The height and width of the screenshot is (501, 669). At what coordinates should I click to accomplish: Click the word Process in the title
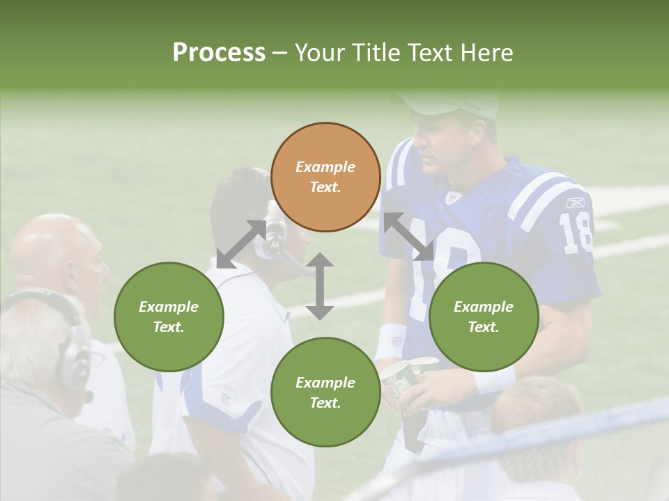tap(219, 52)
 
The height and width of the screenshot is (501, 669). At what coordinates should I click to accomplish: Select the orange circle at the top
tap(325, 177)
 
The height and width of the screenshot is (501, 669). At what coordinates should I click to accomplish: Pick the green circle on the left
tap(169, 317)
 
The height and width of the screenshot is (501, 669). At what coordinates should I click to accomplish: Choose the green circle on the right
tap(484, 317)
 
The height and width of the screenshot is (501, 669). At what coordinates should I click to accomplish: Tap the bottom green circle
tap(325, 392)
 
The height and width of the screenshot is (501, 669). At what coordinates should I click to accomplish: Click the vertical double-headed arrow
tap(320, 286)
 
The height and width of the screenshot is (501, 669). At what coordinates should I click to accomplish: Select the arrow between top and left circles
tap(241, 244)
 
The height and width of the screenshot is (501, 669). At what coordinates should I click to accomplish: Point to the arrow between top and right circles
tap(408, 237)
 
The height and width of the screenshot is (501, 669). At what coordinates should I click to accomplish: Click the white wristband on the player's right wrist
tap(390, 342)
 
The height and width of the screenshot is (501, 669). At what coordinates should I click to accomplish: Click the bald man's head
tap(56, 250)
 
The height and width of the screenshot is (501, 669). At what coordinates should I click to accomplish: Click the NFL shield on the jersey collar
tap(454, 198)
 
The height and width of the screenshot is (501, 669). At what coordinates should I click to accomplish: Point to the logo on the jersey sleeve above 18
tap(576, 203)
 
